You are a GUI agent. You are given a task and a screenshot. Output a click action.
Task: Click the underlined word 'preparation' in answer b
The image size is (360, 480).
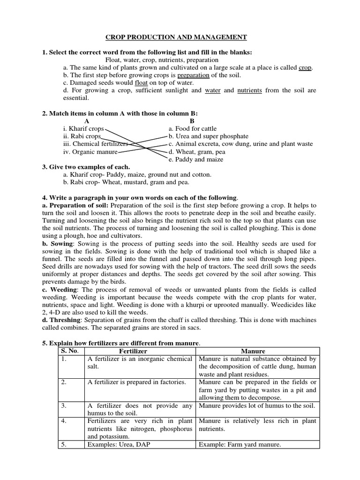pyautogui.click(x=193, y=75)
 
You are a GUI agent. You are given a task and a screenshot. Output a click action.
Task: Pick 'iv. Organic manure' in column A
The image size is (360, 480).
pyautogui.click(x=90, y=152)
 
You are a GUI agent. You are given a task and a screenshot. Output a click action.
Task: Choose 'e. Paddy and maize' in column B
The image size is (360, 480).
pyautogui.click(x=195, y=159)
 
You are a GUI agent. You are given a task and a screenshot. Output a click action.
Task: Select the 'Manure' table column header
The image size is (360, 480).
pyautogui.click(x=253, y=351)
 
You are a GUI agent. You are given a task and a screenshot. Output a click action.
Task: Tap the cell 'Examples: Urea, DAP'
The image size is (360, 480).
pyautogui.click(x=117, y=445)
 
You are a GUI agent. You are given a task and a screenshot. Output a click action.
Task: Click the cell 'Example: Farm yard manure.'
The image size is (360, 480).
pyautogui.click(x=240, y=445)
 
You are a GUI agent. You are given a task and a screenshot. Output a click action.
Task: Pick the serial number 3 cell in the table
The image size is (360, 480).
pyautogui.click(x=64, y=405)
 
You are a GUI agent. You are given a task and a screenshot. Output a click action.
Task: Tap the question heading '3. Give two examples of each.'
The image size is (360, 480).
pyautogui.click(x=86, y=167)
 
